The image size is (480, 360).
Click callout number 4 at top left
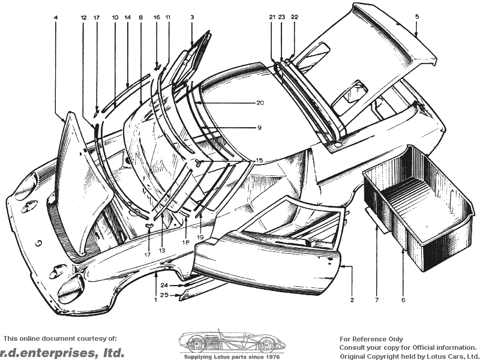coord(55,18)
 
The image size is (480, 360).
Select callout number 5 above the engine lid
coord(417,17)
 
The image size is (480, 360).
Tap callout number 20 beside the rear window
coord(260,103)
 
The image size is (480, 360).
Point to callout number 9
coord(259,127)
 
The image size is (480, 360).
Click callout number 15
coord(259,160)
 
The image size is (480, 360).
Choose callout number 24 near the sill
coord(164,286)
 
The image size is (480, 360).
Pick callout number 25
coord(164,295)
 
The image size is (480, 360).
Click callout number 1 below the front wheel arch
coord(155,300)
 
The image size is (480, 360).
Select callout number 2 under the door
coord(352,300)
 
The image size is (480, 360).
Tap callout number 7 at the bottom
coord(377,300)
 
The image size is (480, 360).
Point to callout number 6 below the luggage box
coord(403,300)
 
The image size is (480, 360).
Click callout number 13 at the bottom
coord(162,250)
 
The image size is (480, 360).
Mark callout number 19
coord(200,237)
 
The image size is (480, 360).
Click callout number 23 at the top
coord(281,17)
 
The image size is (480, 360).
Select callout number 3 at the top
coord(192,17)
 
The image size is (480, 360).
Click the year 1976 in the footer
coord(273,357)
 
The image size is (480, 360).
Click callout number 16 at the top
coord(157,17)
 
